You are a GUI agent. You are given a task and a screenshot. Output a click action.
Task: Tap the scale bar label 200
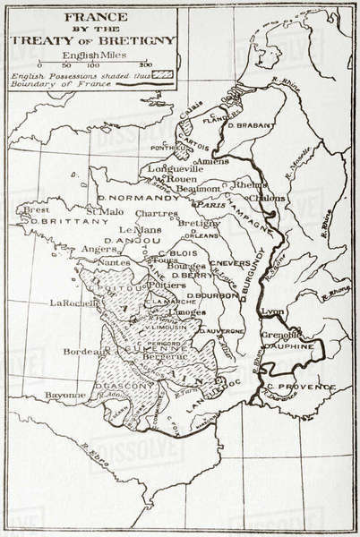pos(146,66)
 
